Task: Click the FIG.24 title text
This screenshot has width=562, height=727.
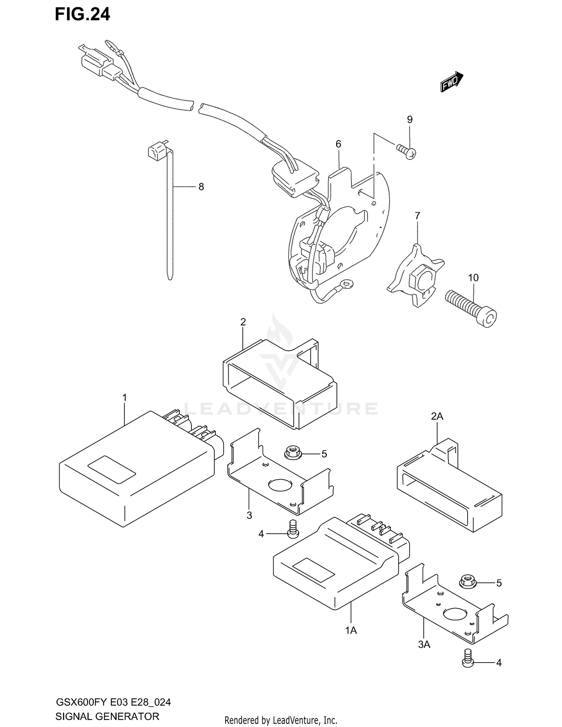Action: [x=82, y=14]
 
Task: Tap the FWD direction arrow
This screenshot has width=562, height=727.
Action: [x=451, y=82]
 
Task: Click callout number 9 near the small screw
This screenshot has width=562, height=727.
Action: [x=410, y=119]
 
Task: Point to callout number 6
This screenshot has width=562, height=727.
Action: [x=338, y=144]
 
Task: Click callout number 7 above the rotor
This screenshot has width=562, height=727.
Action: [x=417, y=216]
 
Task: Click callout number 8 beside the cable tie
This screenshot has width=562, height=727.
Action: [x=201, y=187]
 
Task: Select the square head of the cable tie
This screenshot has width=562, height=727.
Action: [x=157, y=151]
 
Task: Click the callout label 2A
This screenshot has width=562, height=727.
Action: [x=437, y=416]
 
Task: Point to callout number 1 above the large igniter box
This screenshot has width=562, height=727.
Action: [x=125, y=397]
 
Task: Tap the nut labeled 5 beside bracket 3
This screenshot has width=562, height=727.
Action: [x=291, y=453]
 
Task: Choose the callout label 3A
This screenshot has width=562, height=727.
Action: [x=424, y=645]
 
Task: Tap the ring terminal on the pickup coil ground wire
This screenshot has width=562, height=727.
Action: [x=348, y=284]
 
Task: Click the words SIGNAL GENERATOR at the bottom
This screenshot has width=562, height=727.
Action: [x=107, y=717]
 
